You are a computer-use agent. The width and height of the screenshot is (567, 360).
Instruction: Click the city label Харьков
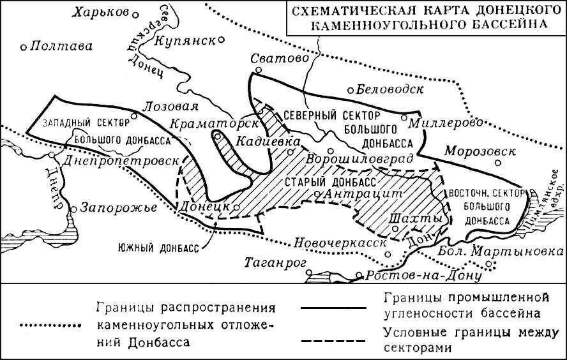tap(102, 12)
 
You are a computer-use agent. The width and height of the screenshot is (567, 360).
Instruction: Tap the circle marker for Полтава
tap(24, 46)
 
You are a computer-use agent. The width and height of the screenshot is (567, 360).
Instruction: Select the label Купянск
tap(185, 40)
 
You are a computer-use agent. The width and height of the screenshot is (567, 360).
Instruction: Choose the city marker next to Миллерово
tap(404, 117)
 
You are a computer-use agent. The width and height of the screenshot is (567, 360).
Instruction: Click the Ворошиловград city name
tap(360, 158)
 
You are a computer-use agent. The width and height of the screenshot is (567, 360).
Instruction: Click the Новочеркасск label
tap(332, 243)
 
